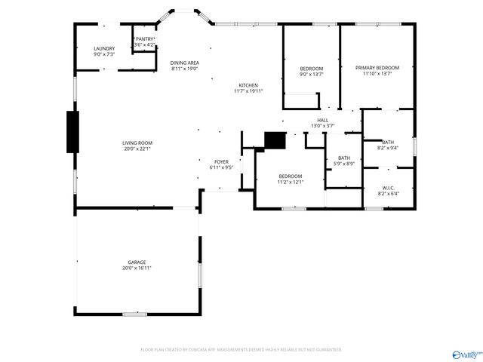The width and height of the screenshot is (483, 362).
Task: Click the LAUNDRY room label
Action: coord(104,48)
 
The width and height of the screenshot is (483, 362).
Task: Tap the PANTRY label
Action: coord(144,39)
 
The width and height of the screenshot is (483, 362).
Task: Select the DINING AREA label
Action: coord(184,63)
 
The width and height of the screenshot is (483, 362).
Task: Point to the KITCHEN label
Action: coord(248,85)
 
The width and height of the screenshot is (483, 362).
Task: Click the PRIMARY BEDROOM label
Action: coord(377,68)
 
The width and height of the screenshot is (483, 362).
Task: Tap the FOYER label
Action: coord(221,161)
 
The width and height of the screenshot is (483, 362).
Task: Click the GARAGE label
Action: coord(137,262)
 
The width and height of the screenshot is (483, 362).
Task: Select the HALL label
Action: coord(322,120)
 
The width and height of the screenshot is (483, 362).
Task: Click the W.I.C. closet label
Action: coord(388,188)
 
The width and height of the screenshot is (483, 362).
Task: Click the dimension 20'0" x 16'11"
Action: coord(137,268)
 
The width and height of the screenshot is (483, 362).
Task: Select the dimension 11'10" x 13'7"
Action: coord(377,74)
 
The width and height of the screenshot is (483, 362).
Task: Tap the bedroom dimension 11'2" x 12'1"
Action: coord(290,182)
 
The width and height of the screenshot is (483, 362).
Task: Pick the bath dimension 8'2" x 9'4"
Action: coord(388,148)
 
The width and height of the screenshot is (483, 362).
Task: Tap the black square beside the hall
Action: coord(275,140)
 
